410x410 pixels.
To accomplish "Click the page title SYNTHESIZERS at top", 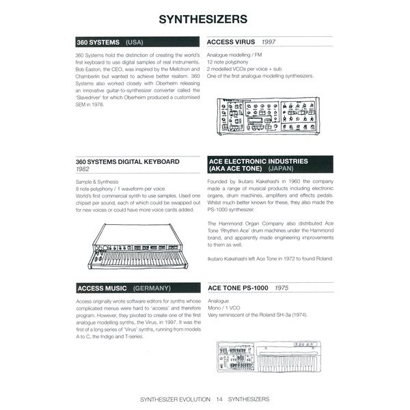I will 204,18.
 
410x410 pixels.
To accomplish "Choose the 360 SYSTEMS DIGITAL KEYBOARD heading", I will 127,161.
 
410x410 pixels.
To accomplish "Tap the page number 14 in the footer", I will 219,398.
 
